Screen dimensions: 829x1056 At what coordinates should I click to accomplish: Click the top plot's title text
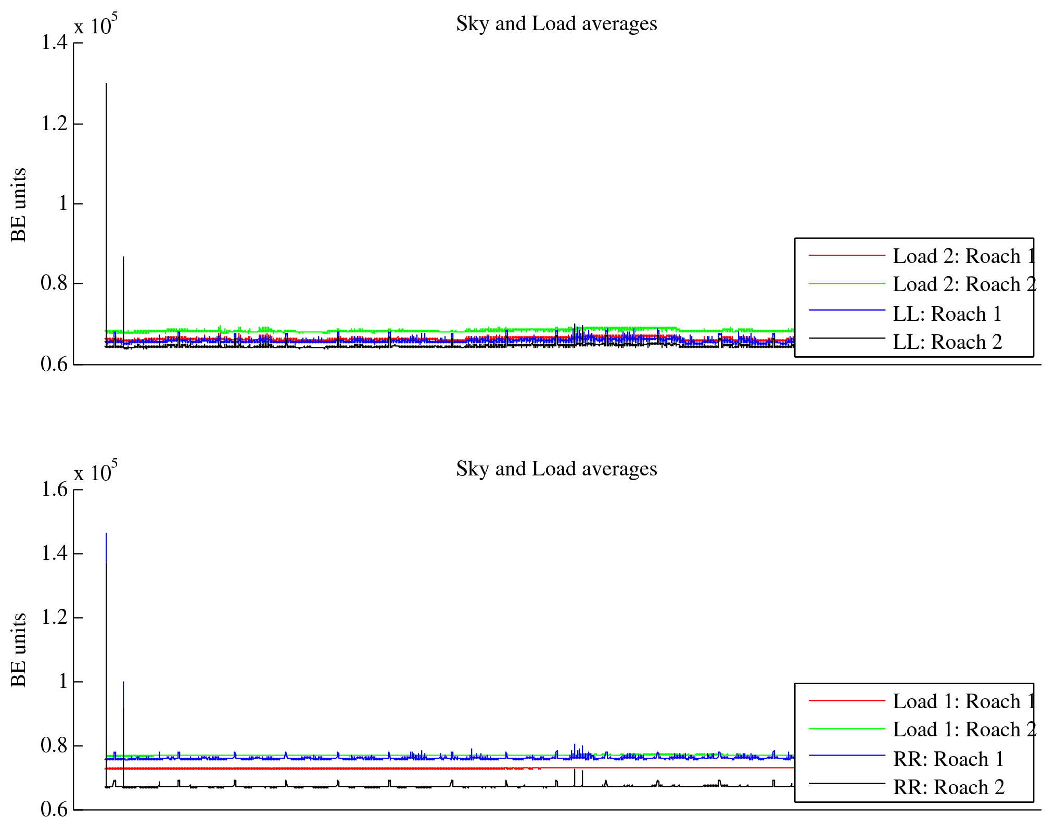556,24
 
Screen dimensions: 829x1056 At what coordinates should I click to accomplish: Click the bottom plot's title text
556,469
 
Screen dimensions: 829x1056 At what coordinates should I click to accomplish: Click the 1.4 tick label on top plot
54,43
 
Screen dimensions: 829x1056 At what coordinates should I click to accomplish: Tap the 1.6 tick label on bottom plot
54,489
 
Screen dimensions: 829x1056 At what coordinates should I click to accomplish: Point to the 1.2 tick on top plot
54,124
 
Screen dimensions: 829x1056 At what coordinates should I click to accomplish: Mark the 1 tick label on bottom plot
63,682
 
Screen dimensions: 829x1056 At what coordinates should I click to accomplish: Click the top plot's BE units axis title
19,205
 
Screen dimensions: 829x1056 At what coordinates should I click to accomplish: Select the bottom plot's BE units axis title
19,650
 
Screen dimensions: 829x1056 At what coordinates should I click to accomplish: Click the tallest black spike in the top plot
106,84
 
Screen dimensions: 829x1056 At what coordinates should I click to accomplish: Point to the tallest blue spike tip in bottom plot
106,534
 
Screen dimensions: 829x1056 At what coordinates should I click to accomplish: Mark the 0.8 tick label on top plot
54,283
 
